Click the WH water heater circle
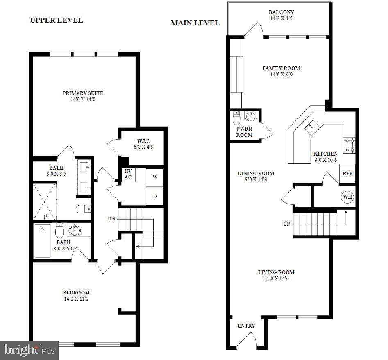click(347, 197)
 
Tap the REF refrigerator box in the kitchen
click(347, 173)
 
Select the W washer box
click(155, 177)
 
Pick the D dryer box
click(155, 196)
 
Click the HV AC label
click(127, 174)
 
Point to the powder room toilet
click(236, 118)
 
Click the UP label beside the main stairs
click(286, 224)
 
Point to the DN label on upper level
click(111, 219)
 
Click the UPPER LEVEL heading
click(56, 20)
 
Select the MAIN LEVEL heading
click(195, 23)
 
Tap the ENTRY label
click(246, 326)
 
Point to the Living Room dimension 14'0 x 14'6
click(276, 278)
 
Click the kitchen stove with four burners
click(349, 145)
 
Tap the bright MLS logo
click(29, 350)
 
